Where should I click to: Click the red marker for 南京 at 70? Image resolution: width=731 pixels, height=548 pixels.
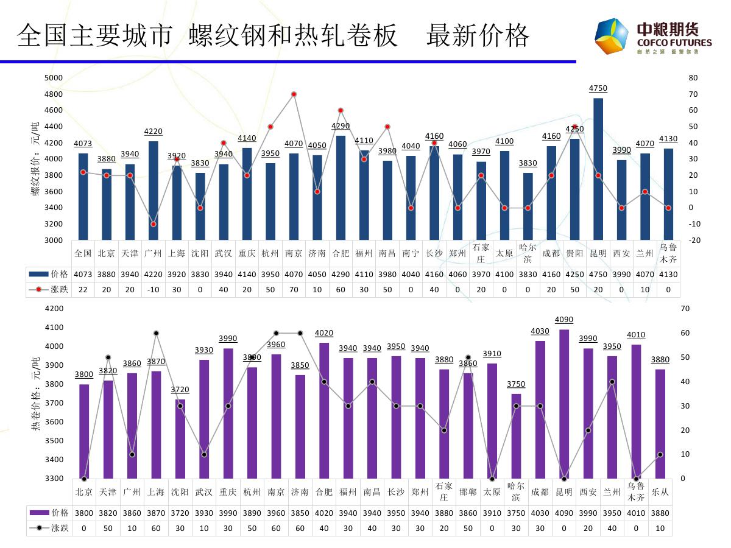tap(294, 94)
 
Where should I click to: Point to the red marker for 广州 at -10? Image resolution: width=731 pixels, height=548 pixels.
tap(154, 224)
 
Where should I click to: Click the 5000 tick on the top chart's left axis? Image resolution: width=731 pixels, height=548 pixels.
tap(54, 78)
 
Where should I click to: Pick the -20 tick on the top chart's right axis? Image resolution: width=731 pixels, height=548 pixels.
tap(693, 241)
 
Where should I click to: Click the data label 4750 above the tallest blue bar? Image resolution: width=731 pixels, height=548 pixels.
tap(598, 88)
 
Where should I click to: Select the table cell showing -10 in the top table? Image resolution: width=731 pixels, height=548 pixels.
tap(154, 290)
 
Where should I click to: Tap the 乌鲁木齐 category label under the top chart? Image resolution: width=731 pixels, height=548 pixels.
tap(668, 253)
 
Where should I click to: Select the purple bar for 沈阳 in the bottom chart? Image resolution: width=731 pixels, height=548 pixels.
tap(180, 438)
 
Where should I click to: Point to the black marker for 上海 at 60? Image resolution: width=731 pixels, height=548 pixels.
tap(156, 333)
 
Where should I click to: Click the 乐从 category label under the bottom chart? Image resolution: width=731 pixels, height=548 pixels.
tap(660, 492)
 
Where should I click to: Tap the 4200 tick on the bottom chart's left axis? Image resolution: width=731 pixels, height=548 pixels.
tap(54, 309)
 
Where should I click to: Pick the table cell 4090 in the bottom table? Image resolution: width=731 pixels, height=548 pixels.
tap(564, 513)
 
